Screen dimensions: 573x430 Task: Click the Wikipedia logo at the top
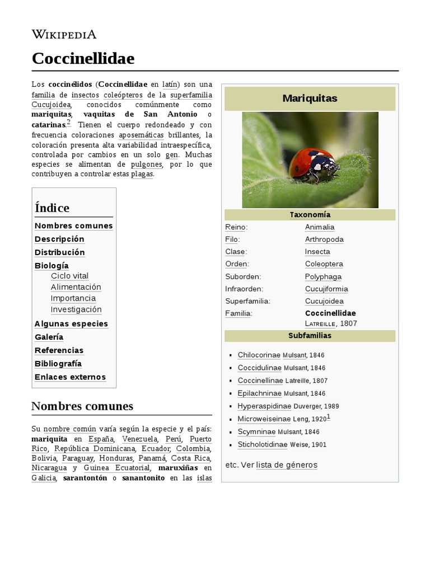pyautogui.click(x=64, y=34)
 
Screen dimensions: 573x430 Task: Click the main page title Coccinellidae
pyautogui.click(x=83, y=58)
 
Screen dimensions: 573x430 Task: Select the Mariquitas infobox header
pyautogui.click(x=310, y=98)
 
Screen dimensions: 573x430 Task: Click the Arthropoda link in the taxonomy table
pyautogui.click(x=324, y=239)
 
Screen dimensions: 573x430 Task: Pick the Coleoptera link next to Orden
pyautogui.click(x=324, y=264)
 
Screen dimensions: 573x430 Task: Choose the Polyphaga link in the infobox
pyautogui.click(x=323, y=276)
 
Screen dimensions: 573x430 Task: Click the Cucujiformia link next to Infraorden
pyautogui.click(x=326, y=289)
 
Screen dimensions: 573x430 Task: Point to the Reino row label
pyautogui.click(x=236, y=227)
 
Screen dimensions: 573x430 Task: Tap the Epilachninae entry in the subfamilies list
pyautogui.click(x=260, y=393)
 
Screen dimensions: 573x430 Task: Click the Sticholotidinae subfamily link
pyautogui.click(x=262, y=444)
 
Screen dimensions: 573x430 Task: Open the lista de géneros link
pyautogui.click(x=287, y=465)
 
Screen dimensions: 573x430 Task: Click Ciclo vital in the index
pyautogui.click(x=69, y=276)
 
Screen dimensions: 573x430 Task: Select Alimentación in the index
pyautogui.click(x=76, y=287)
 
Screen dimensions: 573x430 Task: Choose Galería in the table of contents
pyautogui.click(x=49, y=337)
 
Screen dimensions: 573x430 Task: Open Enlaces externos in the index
pyautogui.click(x=70, y=377)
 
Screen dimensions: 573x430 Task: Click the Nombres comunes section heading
pyautogui.click(x=82, y=406)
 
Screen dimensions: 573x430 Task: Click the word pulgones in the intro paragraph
pyautogui.click(x=146, y=165)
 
